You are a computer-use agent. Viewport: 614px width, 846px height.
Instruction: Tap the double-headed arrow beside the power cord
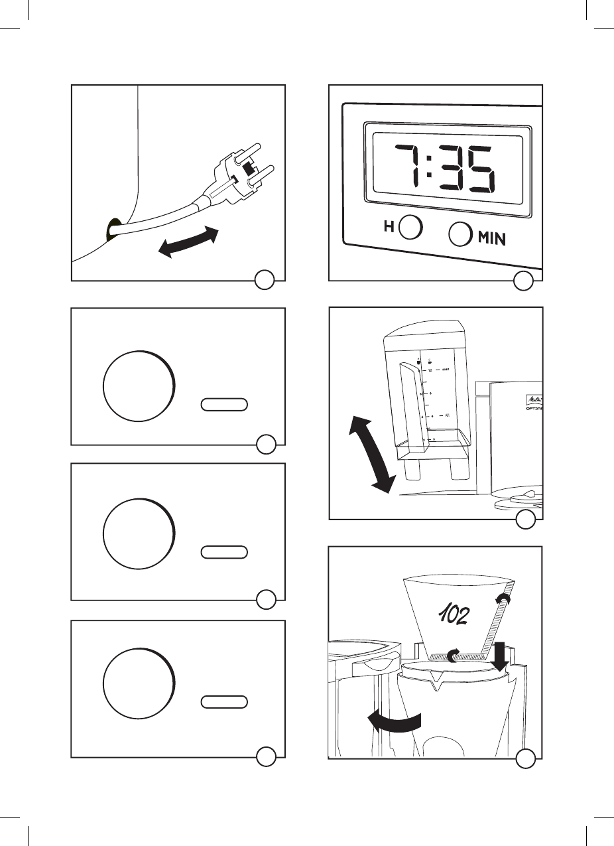pos(189,242)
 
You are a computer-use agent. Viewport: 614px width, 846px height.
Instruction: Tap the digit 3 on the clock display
pos(455,170)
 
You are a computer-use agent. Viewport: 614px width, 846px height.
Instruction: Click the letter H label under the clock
pos(390,227)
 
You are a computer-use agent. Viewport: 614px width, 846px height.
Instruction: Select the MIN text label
pos(491,237)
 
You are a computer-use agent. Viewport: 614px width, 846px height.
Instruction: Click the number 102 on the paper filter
pos(455,616)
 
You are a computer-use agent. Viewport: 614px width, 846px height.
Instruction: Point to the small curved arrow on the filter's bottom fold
pos(453,656)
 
